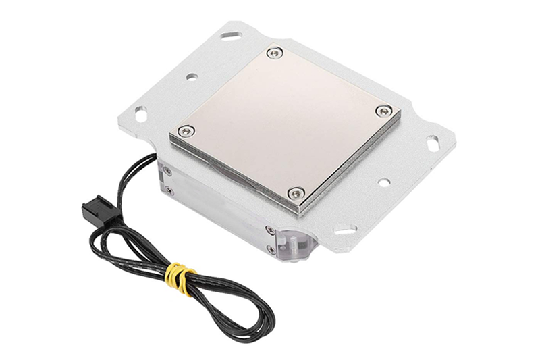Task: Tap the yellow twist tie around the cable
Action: (179, 276)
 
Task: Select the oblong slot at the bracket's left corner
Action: (140, 114)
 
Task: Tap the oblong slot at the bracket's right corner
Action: (431, 143)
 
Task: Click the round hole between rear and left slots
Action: (191, 78)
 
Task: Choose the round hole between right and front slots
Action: (383, 182)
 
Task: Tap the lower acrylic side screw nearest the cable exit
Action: (169, 191)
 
